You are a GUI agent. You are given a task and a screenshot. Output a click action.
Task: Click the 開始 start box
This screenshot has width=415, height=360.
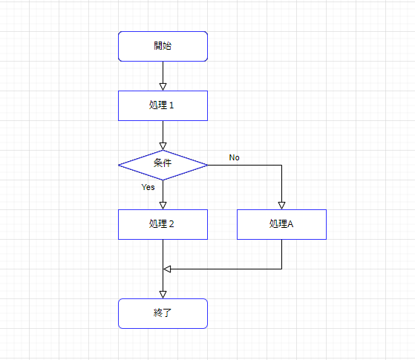pyautogui.click(x=163, y=46)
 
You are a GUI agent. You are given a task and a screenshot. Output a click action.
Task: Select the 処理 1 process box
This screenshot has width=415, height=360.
pyautogui.click(x=163, y=105)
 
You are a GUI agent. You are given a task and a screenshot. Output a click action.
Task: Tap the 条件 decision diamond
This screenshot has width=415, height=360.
pyautogui.click(x=163, y=166)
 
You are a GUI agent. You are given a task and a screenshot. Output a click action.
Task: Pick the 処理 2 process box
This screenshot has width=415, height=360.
pyautogui.click(x=163, y=224)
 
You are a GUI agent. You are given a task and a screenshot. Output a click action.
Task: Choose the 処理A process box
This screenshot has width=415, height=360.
pyautogui.click(x=281, y=224)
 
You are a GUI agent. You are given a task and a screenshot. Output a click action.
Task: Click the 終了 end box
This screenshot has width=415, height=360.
pyautogui.click(x=163, y=314)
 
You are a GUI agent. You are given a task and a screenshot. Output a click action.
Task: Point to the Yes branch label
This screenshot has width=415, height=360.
pyautogui.click(x=148, y=187)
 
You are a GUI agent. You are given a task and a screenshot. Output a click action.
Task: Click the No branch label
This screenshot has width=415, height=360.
pyautogui.click(x=235, y=157)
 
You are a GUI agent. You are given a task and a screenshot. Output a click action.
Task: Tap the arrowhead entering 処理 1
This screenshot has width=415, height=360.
pyautogui.click(x=163, y=87)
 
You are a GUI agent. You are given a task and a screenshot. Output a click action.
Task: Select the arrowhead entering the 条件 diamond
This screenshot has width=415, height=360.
pyautogui.click(x=163, y=146)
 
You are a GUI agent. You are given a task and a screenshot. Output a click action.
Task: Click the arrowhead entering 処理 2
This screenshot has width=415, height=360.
pyautogui.click(x=163, y=206)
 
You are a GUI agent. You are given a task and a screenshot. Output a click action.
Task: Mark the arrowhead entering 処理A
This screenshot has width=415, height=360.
pyautogui.click(x=281, y=206)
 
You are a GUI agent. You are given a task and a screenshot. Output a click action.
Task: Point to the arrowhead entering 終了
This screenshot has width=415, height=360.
pyautogui.click(x=163, y=295)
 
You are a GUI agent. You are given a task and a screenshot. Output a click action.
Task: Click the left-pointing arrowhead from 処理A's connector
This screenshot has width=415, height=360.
pyautogui.click(x=167, y=269)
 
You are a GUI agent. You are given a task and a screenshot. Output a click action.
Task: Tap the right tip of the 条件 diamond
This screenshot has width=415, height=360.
pyautogui.click(x=208, y=166)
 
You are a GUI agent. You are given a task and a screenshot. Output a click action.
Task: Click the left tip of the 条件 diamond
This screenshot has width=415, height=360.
pyautogui.click(x=118, y=166)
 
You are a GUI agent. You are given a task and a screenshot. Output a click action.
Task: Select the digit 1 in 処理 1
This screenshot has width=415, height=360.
pyautogui.click(x=171, y=105)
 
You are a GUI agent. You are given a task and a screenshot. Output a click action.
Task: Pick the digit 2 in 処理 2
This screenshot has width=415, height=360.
pyautogui.click(x=171, y=224)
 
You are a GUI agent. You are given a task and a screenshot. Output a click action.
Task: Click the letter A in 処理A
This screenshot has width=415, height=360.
pyautogui.click(x=290, y=224)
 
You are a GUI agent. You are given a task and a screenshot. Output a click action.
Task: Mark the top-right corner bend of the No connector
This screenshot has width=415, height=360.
pyautogui.click(x=281, y=166)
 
